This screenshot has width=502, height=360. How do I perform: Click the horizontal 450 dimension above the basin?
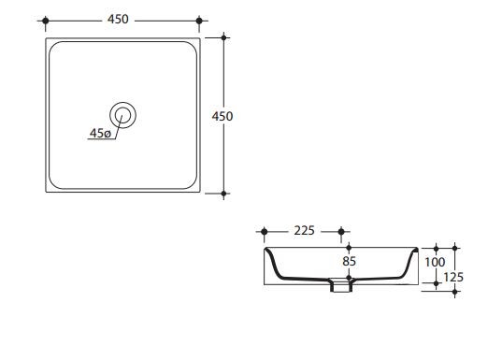pyautogui.click(x=118, y=20)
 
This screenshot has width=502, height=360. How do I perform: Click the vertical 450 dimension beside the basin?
pyautogui.click(x=222, y=116)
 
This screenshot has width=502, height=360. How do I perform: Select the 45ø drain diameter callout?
pyautogui.click(x=100, y=133)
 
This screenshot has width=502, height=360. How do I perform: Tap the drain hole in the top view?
pyautogui.click(x=123, y=115)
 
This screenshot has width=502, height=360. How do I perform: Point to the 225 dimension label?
pyautogui.click(x=305, y=231)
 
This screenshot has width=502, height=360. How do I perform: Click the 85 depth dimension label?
pyautogui.click(x=349, y=262)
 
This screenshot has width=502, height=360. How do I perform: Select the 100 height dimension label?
pyautogui.click(x=435, y=263)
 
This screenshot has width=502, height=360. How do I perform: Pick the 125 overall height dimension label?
pyautogui.click(x=453, y=278)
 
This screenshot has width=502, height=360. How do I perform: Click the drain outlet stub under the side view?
pyautogui.click(x=341, y=286)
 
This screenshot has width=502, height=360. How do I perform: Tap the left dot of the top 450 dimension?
pyautogui.click(x=46, y=21)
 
